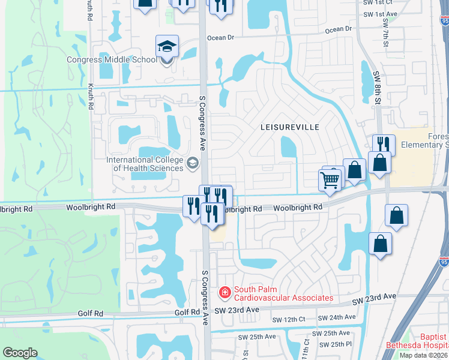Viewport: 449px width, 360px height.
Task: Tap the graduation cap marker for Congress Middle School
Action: (167, 47)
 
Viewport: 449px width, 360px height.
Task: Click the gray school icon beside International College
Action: (193, 163)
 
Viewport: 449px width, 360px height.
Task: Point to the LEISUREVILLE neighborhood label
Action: (290, 127)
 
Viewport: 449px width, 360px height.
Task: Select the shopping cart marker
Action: (330, 179)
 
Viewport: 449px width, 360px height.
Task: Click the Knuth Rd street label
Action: (91, 95)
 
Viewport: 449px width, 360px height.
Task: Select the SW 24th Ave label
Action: (337, 317)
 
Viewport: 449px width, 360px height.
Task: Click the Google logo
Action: (20, 353)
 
